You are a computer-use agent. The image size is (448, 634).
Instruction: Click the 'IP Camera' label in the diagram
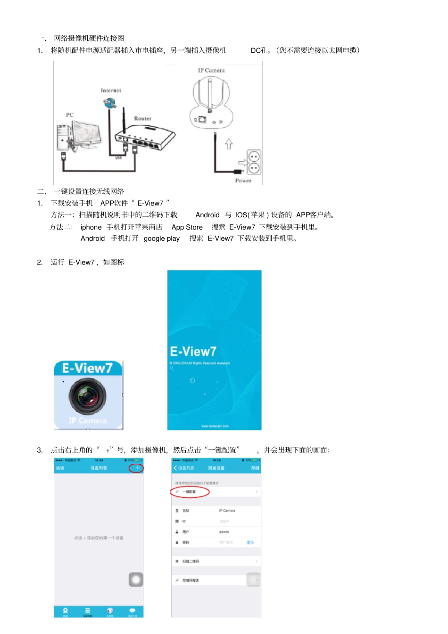pos(211,70)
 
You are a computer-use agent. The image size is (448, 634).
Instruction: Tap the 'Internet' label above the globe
pos(111,90)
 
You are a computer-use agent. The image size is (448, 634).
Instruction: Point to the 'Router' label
pos(142,118)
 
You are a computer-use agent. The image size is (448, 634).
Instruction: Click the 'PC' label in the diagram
pos(70,115)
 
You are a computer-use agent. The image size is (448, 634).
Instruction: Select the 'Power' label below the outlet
pos(243,181)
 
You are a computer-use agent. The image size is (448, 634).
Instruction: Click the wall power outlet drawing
pos(254,162)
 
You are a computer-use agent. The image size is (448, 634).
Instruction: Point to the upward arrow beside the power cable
pos(229,143)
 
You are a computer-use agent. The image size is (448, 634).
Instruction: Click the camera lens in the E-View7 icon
pos(88,396)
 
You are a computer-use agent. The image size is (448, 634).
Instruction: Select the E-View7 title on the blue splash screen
pos(193,352)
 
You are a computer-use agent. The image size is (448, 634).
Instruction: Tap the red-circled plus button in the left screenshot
pos(137,468)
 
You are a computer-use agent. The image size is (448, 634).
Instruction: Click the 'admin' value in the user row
pos(224,532)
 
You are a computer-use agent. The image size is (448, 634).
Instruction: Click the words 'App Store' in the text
pos(187,227)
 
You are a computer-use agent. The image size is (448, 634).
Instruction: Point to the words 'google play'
pos(161,239)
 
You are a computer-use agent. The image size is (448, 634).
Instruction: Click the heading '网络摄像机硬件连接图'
pos(89,38)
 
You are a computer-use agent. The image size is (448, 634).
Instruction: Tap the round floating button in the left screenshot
pos(136,579)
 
